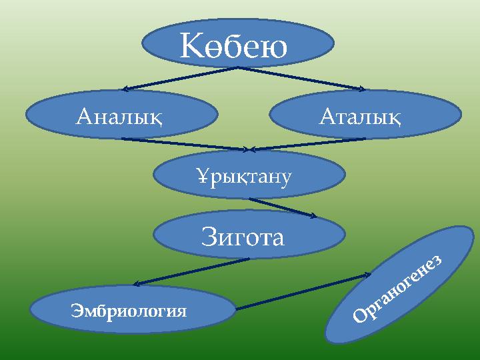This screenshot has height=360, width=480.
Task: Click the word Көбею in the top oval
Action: tap(234, 47)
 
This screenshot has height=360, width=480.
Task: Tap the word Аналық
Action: tap(120, 118)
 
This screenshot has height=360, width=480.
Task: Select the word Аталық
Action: tap(360, 118)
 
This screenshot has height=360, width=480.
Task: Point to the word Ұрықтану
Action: tap(243, 177)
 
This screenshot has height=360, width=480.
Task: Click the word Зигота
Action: tap(243, 236)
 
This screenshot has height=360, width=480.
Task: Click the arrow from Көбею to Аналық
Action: tap(180, 78)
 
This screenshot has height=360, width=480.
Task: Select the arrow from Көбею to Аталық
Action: tap(300, 77)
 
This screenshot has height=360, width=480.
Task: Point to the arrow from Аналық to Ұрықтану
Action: tap(187, 143)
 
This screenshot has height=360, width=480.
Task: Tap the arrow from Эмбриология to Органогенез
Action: tap(303, 291)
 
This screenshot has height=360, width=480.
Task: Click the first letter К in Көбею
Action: tap(191, 47)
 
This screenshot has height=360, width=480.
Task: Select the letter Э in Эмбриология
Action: tap(75, 311)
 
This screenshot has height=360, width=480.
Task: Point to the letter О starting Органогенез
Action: tap(360, 323)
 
